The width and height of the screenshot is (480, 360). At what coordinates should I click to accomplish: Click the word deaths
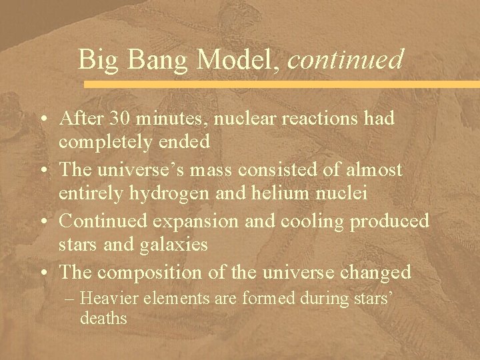coord(103,319)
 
